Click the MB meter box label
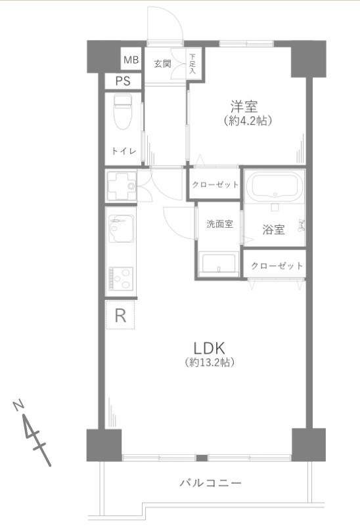click(x=131, y=60)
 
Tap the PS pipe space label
click(x=123, y=81)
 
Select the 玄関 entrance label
click(x=163, y=64)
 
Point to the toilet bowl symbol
click(x=123, y=113)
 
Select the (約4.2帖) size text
click(x=248, y=121)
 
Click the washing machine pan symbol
click(x=122, y=186)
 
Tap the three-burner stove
click(x=122, y=279)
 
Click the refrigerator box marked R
click(x=120, y=316)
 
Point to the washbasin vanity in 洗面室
click(x=219, y=262)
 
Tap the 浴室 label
click(x=273, y=230)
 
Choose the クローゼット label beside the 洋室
click(x=215, y=185)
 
